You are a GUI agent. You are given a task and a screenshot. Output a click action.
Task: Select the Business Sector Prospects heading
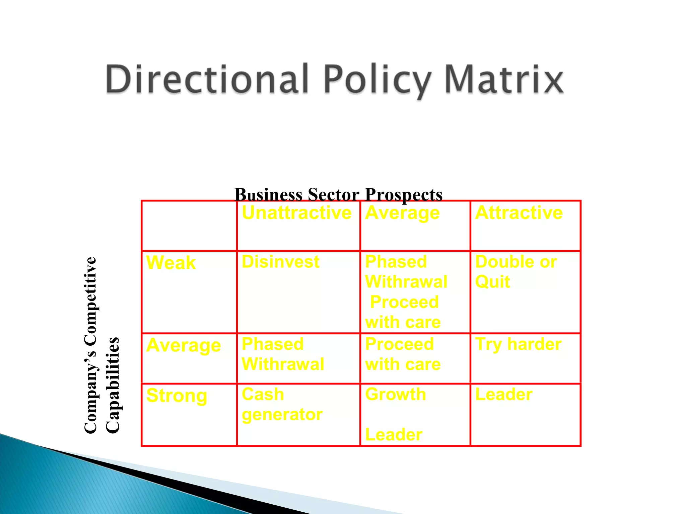(338, 194)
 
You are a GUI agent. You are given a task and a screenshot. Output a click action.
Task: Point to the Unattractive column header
(296, 213)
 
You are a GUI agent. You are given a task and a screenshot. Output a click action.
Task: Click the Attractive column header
(519, 213)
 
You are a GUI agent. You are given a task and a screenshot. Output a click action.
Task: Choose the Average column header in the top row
(402, 213)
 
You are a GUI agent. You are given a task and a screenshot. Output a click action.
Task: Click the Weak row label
(171, 263)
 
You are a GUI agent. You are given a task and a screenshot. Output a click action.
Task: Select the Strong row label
(177, 396)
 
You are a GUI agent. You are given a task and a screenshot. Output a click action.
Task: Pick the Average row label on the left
(184, 345)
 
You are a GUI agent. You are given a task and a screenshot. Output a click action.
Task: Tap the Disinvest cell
(280, 262)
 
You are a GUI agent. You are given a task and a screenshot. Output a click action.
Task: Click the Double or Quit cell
(516, 272)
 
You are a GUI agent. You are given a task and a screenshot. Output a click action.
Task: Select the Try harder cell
(518, 344)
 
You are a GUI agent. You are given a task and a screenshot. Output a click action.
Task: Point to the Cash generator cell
(282, 405)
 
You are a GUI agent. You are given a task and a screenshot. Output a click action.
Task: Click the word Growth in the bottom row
(396, 395)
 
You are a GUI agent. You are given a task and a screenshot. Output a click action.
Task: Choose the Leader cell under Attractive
(504, 395)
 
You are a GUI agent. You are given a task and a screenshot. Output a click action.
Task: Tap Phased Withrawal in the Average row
(283, 354)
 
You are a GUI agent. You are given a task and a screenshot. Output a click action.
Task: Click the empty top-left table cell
(189, 226)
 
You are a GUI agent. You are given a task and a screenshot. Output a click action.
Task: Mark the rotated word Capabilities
(112, 385)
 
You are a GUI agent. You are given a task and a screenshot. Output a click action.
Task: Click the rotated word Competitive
(90, 301)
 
